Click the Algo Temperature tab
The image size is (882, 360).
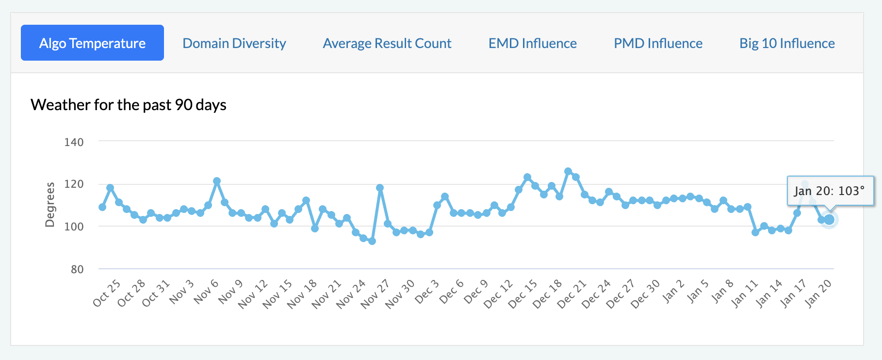(x=92, y=43)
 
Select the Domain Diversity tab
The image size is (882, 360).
(x=234, y=43)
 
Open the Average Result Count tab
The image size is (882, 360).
(x=387, y=43)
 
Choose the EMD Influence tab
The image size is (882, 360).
(x=532, y=43)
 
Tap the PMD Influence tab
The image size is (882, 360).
(x=658, y=43)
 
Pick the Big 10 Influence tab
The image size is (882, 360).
(x=787, y=43)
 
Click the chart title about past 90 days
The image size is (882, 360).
(x=129, y=105)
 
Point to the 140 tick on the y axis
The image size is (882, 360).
(x=74, y=142)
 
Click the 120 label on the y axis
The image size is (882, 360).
(x=74, y=184)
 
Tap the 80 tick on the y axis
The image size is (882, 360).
(x=77, y=269)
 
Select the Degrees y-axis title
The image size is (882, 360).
(x=49, y=205)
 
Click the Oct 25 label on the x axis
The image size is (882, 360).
(x=107, y=293)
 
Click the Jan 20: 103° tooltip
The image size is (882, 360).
(x=830, y=191)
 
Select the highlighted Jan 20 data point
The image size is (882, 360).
(x=829, y=220)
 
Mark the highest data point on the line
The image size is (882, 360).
(x=568, y=171)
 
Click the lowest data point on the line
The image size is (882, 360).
(x=372, y=241)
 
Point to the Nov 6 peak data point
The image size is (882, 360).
(x=217, y=181)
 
